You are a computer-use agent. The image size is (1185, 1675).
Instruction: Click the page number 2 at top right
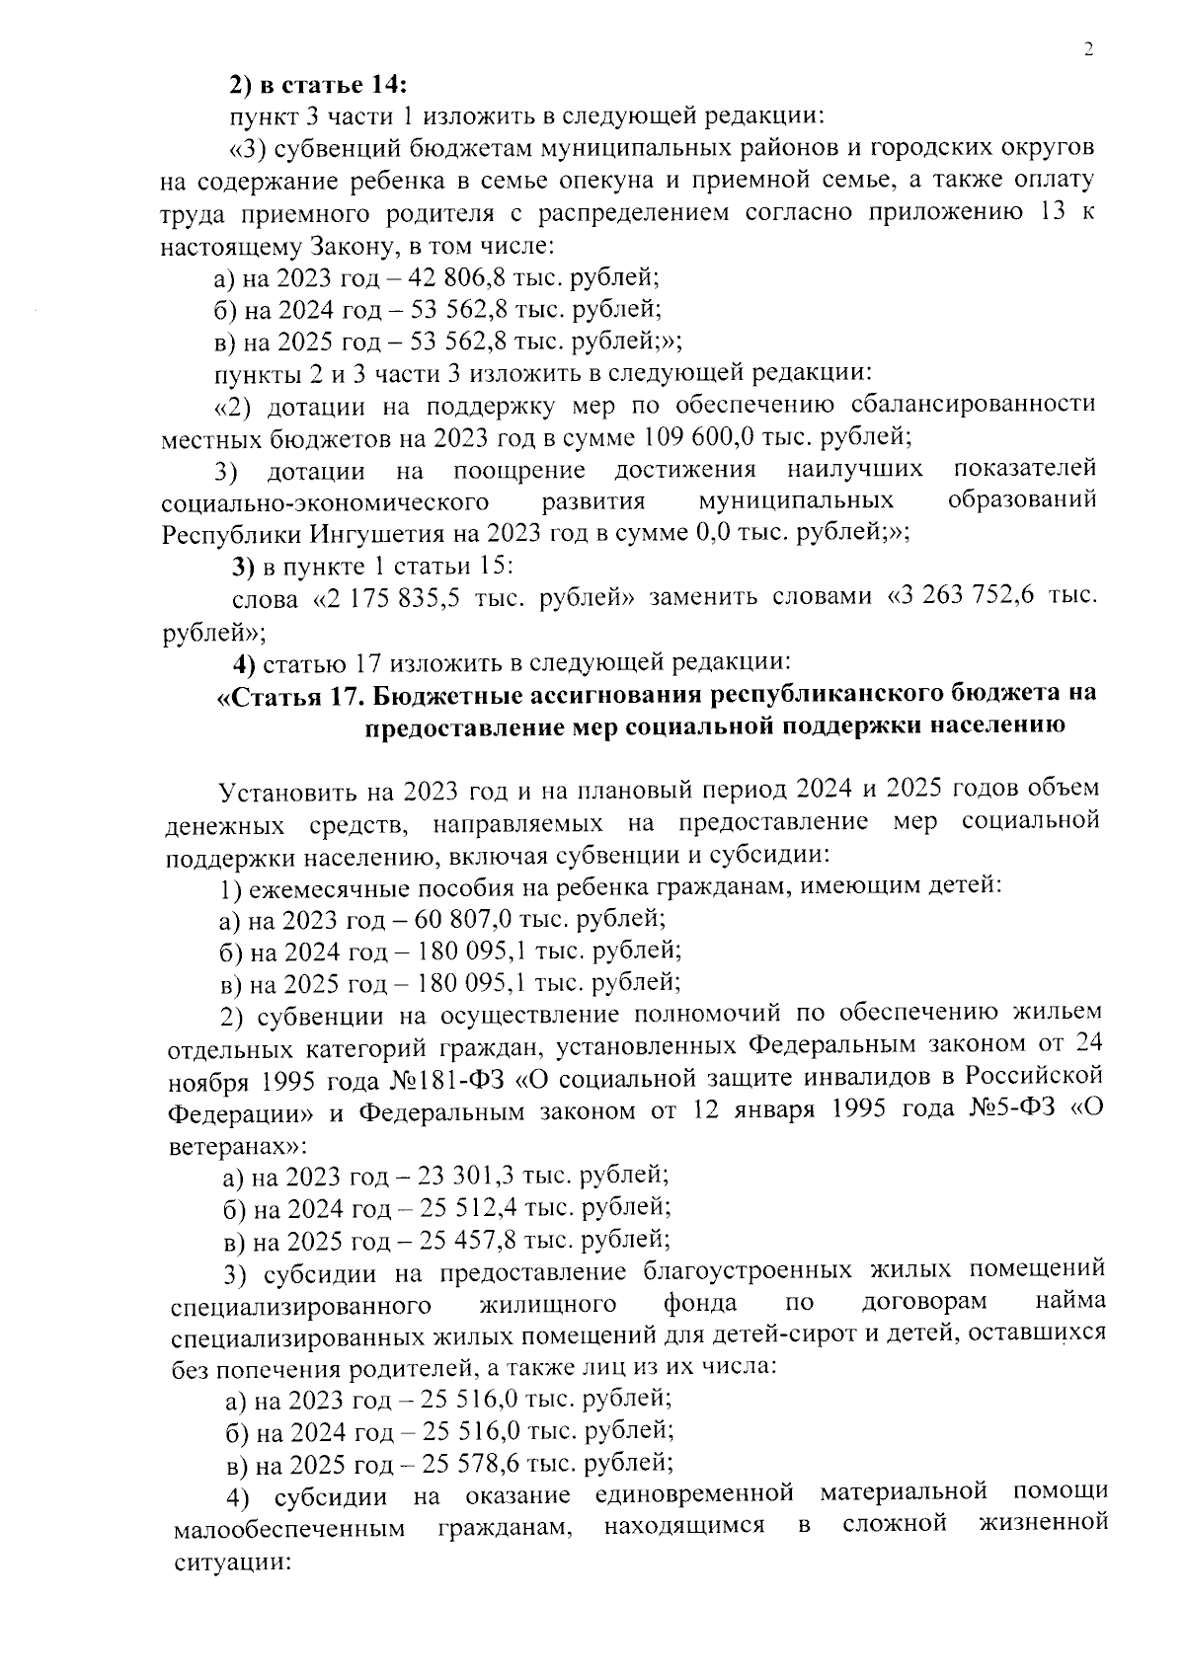[x=1088, y=51]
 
